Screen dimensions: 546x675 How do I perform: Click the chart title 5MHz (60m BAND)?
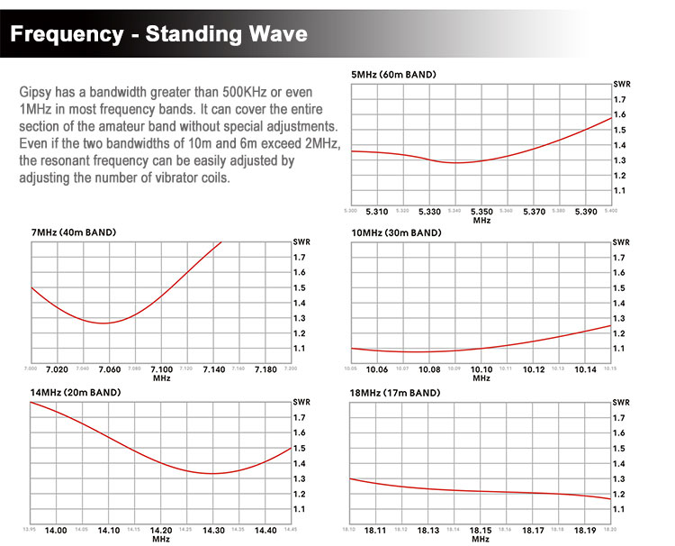[393, 73]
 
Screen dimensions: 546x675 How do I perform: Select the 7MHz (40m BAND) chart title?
[73, 232]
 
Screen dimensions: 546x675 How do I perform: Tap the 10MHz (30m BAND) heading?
[396, 232]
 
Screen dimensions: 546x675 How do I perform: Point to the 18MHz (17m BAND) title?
[396, 393]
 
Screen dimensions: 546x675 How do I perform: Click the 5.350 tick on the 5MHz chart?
[481, 212]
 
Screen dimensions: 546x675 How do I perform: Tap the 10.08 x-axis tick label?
[429, 369]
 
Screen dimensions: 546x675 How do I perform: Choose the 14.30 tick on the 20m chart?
[213, 531]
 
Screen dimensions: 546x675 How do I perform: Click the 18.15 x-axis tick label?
[481, 531]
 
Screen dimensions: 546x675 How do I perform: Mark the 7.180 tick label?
[265, 369]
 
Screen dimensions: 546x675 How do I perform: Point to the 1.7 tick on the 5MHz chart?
[620, 99]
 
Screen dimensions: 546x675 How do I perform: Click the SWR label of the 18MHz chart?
[621, 403]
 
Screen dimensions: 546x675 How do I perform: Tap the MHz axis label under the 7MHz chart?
[161, 378]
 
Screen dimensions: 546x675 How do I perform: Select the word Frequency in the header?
[67, 35]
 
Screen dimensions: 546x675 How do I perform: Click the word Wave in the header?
[273, 35]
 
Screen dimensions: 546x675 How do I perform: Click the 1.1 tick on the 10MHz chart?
[620, 349]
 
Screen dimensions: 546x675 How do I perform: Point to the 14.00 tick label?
[57, 531]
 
